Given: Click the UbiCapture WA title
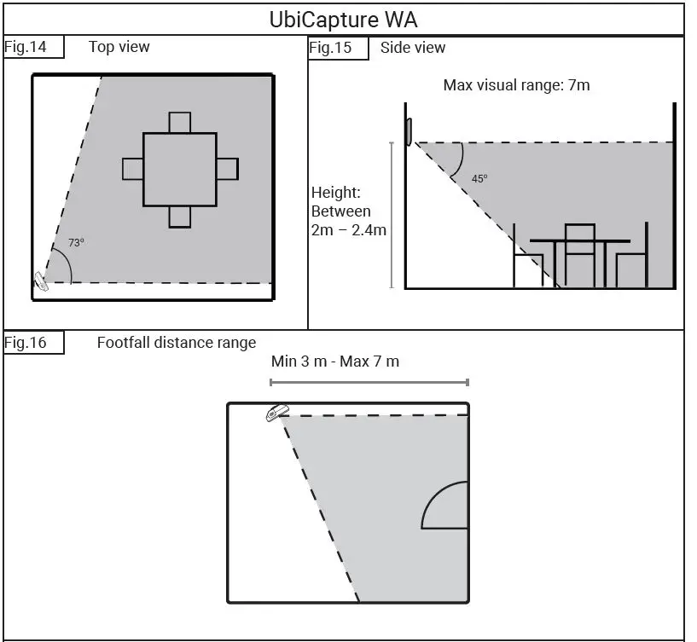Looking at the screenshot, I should click(343, 19).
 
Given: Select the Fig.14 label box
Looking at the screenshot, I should click(33, 47).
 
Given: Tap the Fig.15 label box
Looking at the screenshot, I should click(338, 48).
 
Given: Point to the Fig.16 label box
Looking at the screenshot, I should click(33, 343).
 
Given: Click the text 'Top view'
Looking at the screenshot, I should click(119, 47).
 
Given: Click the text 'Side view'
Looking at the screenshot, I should click(413, 48).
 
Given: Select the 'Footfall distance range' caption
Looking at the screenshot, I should click(176, 343).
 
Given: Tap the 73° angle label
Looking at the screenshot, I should click(76, 243).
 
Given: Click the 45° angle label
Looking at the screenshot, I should click(479, 179).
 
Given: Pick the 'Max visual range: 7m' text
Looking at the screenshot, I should click(516, 85).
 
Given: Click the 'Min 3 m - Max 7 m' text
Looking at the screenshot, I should click(334, 361).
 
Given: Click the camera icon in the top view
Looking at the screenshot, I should click(41, 281).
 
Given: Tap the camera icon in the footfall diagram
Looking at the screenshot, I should click(275, 413).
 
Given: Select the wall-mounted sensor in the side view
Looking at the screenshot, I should click(409, 131).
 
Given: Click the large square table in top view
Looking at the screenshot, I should click(179, 169).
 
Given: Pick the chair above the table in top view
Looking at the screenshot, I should click(179, 123).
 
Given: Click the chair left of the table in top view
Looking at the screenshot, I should click(132, 169).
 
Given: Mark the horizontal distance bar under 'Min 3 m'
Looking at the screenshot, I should click(369, 383).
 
